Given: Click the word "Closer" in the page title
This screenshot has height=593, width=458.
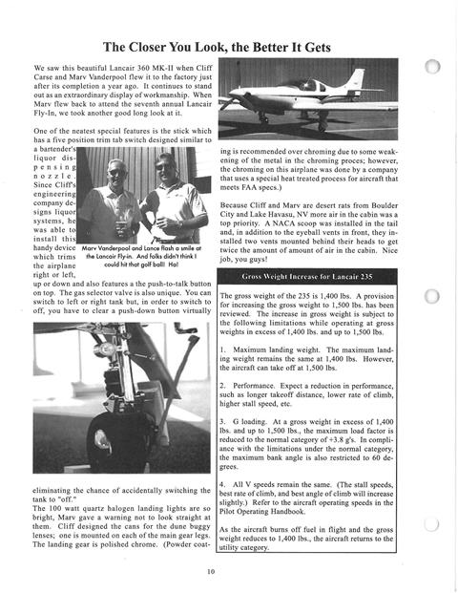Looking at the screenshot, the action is pyautogui.click(x=145, y=47).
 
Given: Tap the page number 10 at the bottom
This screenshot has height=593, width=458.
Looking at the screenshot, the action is pyautogui.click(x=211, y=571).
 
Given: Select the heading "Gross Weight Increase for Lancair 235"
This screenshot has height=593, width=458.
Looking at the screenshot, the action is pyautogui.click(x=307, y=277).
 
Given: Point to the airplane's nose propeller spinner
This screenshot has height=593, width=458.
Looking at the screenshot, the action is pyautogui.click(x=232, y=93).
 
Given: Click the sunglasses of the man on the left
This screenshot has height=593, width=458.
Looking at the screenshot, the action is pyautogui.click(x=116, y=173).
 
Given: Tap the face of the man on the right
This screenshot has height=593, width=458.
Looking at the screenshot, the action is pyautogui.click(x=165, y=166).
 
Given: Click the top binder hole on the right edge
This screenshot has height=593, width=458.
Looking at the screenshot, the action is pyautogui.click(x=432, y=67).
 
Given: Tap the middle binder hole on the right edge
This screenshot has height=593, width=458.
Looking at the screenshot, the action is pyautogui.click(x=432, y=296).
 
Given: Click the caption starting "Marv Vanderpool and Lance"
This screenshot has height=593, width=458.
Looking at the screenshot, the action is pyautogui.click(x=141, y=257).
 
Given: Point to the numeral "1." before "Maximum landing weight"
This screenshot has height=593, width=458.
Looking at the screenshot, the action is pyautogui.click(x=222, y=349).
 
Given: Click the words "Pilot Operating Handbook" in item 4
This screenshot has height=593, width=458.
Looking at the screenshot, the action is pyautogui.click(x=261, y=512).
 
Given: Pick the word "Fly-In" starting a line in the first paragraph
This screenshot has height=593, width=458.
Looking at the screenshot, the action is pyautogui.click(x=43, y=113).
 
